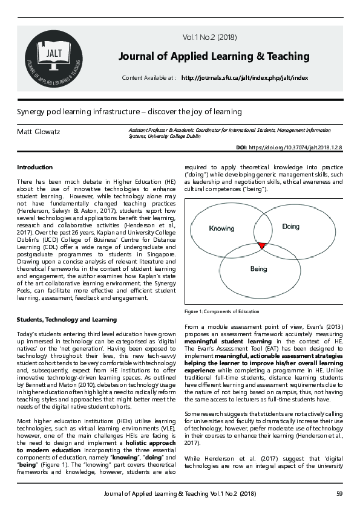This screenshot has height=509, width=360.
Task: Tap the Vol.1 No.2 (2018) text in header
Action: click(209, 37)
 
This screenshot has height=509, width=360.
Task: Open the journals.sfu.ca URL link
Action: click(244, 78)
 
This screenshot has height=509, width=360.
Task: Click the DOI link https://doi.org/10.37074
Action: click(296, 148)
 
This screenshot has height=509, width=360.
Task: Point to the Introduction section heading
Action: click(34, 167)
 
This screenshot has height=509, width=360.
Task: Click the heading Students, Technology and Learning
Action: click(67, 319)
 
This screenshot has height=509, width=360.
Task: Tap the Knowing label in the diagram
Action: click(221, 229)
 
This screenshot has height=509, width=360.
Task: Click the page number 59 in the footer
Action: click(339, 494)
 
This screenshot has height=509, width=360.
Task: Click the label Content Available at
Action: click(149, 78)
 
